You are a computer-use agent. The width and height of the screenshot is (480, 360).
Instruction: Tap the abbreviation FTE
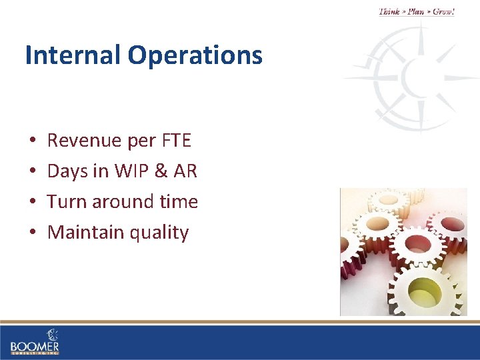176,141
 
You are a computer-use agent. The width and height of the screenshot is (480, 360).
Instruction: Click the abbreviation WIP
130,171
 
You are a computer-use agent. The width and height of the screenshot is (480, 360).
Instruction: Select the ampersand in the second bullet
160,171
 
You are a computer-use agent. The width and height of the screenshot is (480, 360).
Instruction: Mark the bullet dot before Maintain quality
33,233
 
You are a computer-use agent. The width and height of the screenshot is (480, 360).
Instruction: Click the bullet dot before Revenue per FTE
33,141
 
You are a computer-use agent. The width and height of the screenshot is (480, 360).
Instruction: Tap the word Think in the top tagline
390,11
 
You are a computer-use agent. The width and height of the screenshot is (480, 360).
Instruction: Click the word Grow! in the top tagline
443,11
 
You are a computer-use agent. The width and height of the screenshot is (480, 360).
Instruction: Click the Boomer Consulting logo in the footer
35,341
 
